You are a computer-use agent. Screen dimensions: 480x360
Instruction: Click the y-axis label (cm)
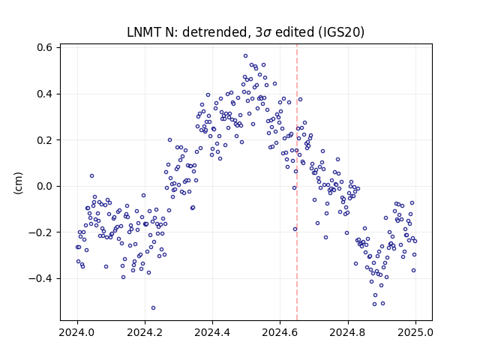click(x=18, y=183)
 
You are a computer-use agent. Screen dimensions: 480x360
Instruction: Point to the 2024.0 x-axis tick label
click(x=77, y=332)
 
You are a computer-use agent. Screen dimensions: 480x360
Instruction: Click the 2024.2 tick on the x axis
click(x=145, y=332)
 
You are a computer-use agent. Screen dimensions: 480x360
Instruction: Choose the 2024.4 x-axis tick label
click(x=212, y=332)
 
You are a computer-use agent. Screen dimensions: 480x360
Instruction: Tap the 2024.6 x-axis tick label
click(x=280, y=332)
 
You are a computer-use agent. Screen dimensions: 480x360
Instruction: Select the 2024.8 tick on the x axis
click(x=348, y=332)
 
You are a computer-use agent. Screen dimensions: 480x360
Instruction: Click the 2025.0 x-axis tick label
click(x=415, y=332)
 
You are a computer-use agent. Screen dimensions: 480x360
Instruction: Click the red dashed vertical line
click(x=297, y=182)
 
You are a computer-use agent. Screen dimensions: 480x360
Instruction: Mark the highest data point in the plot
click(x=245, y=56)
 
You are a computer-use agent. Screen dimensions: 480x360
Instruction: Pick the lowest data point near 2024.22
click(x=153, y=308)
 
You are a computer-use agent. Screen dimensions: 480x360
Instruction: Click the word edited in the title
click(x=295, y=32)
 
